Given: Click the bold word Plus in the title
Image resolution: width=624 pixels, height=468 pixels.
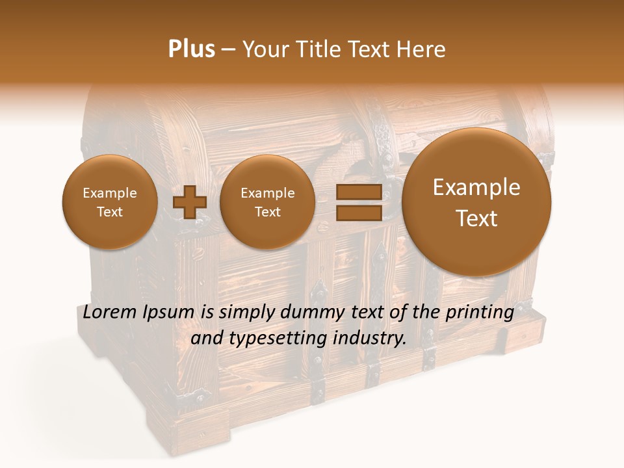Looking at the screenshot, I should coord(191,49).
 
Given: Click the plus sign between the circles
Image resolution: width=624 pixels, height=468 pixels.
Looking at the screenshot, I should coord(190,201).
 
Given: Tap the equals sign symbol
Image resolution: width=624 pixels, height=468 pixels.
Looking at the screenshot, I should coord(358,202).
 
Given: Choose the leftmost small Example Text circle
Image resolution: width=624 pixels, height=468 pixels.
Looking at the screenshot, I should coord(110,201).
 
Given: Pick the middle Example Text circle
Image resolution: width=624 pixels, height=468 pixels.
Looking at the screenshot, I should coord(268,201).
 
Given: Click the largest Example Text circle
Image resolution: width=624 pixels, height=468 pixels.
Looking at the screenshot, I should coord(476,202).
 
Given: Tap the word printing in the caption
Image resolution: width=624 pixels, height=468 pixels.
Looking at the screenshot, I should coord(480,313).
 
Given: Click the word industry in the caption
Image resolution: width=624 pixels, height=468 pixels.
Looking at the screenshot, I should coord(369,339).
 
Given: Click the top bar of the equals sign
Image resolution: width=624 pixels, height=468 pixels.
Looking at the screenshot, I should coord(358,192).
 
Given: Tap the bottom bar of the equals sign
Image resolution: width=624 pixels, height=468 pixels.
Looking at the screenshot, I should coord(358,213).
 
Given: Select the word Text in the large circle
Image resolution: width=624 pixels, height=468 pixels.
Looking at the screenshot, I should coord(476,218).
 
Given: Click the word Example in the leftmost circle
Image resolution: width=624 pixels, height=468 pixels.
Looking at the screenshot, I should coord(110,193).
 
